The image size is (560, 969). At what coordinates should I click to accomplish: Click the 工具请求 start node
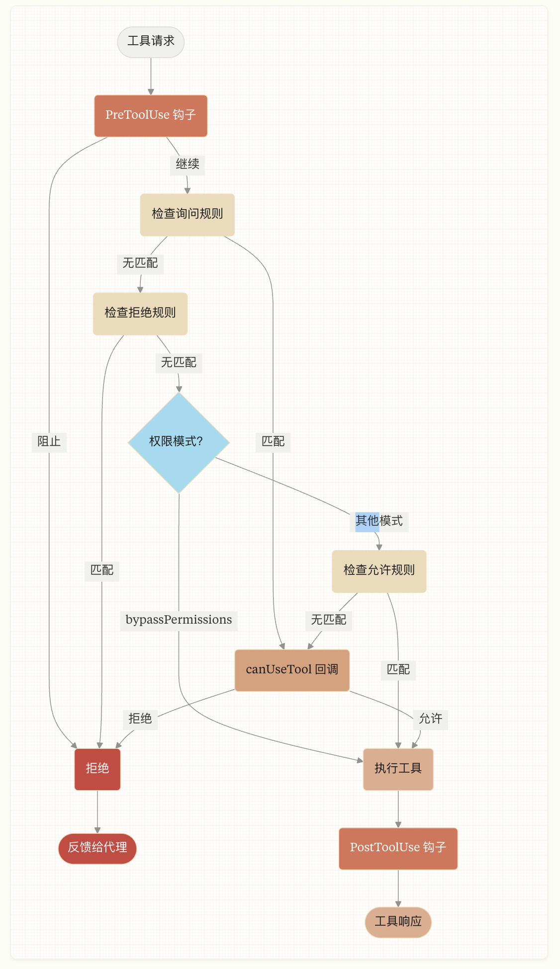click(x=151, y=42)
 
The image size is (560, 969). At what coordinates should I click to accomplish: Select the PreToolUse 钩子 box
click(x=151, y=115)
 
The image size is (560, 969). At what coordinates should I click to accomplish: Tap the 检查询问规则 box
click(x=187, y=214)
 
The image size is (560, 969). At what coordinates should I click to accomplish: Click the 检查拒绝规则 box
click(x=140, y=313)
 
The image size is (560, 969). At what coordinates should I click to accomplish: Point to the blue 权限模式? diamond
click(x=179, y=442)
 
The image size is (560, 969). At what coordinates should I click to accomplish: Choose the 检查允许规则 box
click(x=379, y=570)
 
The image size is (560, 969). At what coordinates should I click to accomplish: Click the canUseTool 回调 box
click(x=292, y=670)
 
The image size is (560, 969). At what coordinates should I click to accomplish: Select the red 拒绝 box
click(x=97, y=769)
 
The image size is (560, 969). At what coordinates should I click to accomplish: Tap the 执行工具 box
click(x=398, y=769)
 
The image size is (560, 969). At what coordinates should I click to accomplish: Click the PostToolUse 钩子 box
click(x=398, y=848)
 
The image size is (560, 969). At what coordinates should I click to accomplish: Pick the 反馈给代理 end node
click(x=97, y=848)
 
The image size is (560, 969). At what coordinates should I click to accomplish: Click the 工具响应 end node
click(x=398, y=922)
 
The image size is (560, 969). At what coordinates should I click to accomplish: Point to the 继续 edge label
click(x=187, y=164)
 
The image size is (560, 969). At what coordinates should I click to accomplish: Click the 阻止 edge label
click(x=49, y=442)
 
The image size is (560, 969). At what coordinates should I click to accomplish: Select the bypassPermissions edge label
click(x=179, y=620)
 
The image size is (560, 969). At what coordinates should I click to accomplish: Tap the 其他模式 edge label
click(x=379, y=521)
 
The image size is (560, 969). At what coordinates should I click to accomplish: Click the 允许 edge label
click(x=431, y=719)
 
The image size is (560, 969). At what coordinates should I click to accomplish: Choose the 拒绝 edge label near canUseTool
click(x=140, y=719)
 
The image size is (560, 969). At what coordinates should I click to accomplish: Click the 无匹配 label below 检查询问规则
click(x=140, y=263)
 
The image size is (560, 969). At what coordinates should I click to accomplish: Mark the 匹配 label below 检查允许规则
click(x=398, y=670)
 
